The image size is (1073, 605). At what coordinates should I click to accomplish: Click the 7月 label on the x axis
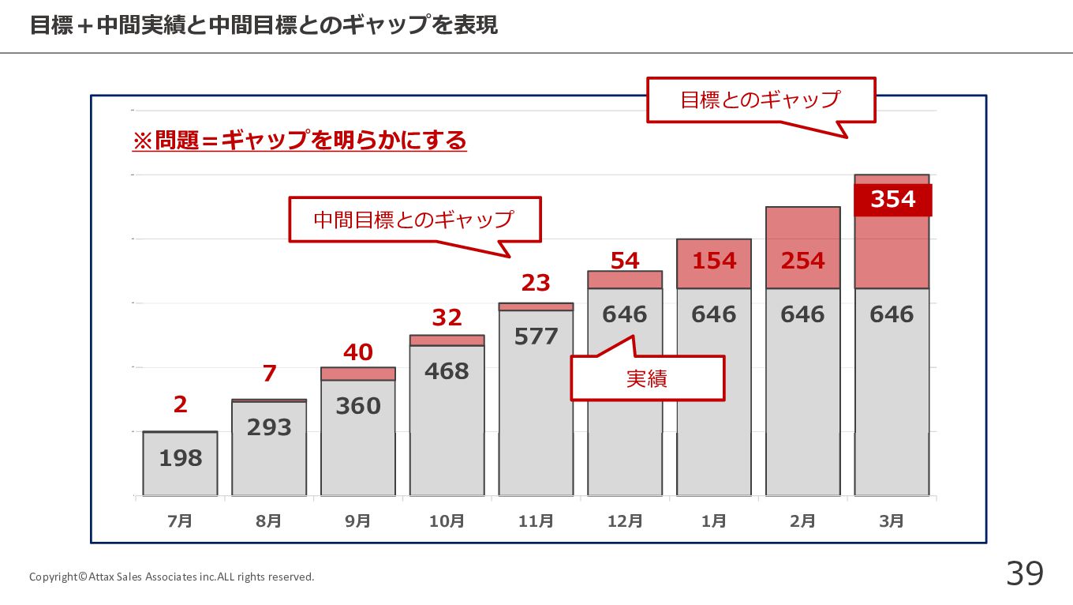coord(180,521)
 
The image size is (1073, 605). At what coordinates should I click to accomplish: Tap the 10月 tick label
coord(447,521)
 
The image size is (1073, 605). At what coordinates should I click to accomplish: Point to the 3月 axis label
coord(892,521)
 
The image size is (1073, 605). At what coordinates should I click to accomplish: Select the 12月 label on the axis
coord(625,521)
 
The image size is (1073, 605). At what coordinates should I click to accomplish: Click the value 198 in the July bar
coord(181,458)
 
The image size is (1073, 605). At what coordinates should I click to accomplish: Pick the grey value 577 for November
coord(536,336)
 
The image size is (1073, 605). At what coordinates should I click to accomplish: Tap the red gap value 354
coord(893,200)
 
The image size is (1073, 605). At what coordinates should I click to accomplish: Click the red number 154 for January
coord(714,261)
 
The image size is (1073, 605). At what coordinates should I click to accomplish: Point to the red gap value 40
coord(358,352)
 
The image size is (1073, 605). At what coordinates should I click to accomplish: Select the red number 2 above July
coord(181,404)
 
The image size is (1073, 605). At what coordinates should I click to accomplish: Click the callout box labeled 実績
coord(647,378)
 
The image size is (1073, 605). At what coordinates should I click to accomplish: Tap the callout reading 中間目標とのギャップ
coord(414,220)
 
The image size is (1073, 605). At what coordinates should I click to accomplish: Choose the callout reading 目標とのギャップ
coord(761,100)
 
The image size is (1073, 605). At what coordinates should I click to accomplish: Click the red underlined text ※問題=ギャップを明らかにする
coord(300,141)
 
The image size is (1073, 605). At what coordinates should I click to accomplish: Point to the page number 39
coord(1024,573)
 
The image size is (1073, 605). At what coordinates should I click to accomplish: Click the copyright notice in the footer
coord(171,577)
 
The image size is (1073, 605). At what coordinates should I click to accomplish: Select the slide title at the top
coord(264,26)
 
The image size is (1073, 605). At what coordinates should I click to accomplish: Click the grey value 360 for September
coord(358,406)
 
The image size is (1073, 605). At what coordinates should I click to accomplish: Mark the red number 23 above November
coord(536,283)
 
